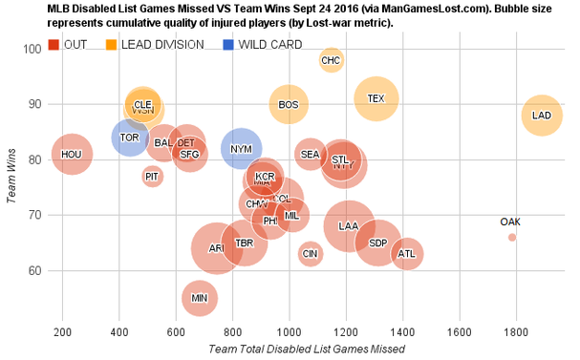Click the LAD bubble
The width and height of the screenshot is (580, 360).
(541, 116)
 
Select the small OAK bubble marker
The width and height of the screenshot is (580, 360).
(512, 237)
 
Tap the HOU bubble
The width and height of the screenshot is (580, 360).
(72, 154)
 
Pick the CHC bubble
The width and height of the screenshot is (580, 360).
(332, 61)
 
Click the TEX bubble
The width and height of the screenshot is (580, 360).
(376, 98)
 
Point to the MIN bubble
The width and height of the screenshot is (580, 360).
(199, 298)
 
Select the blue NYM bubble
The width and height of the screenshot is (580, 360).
(242, 149)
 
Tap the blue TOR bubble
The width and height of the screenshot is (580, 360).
(131, 138)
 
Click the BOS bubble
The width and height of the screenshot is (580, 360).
(289, 104)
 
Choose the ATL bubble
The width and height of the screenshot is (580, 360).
(406, 254)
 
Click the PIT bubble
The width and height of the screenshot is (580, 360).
(153, 176)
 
